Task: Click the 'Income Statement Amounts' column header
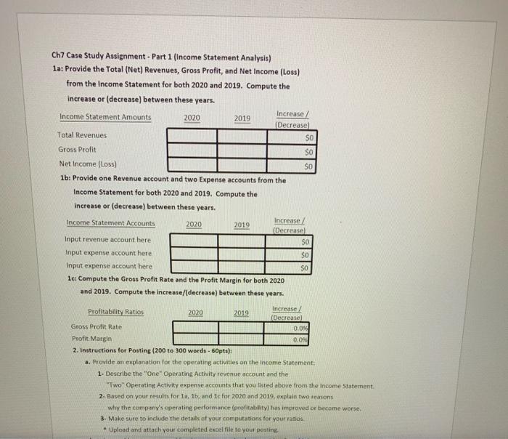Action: coord(105,117)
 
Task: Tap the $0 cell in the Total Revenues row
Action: coord(293,136)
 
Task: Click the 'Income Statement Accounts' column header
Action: coord(110,223)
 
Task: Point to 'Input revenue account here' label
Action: coord(108,239)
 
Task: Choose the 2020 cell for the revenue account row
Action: coord(194,240)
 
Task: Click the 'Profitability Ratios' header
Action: coord(115,312)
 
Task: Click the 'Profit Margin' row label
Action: coord(92,339)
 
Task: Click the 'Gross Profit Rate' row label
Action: coord(97,327)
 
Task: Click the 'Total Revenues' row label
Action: coord(81,135)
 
